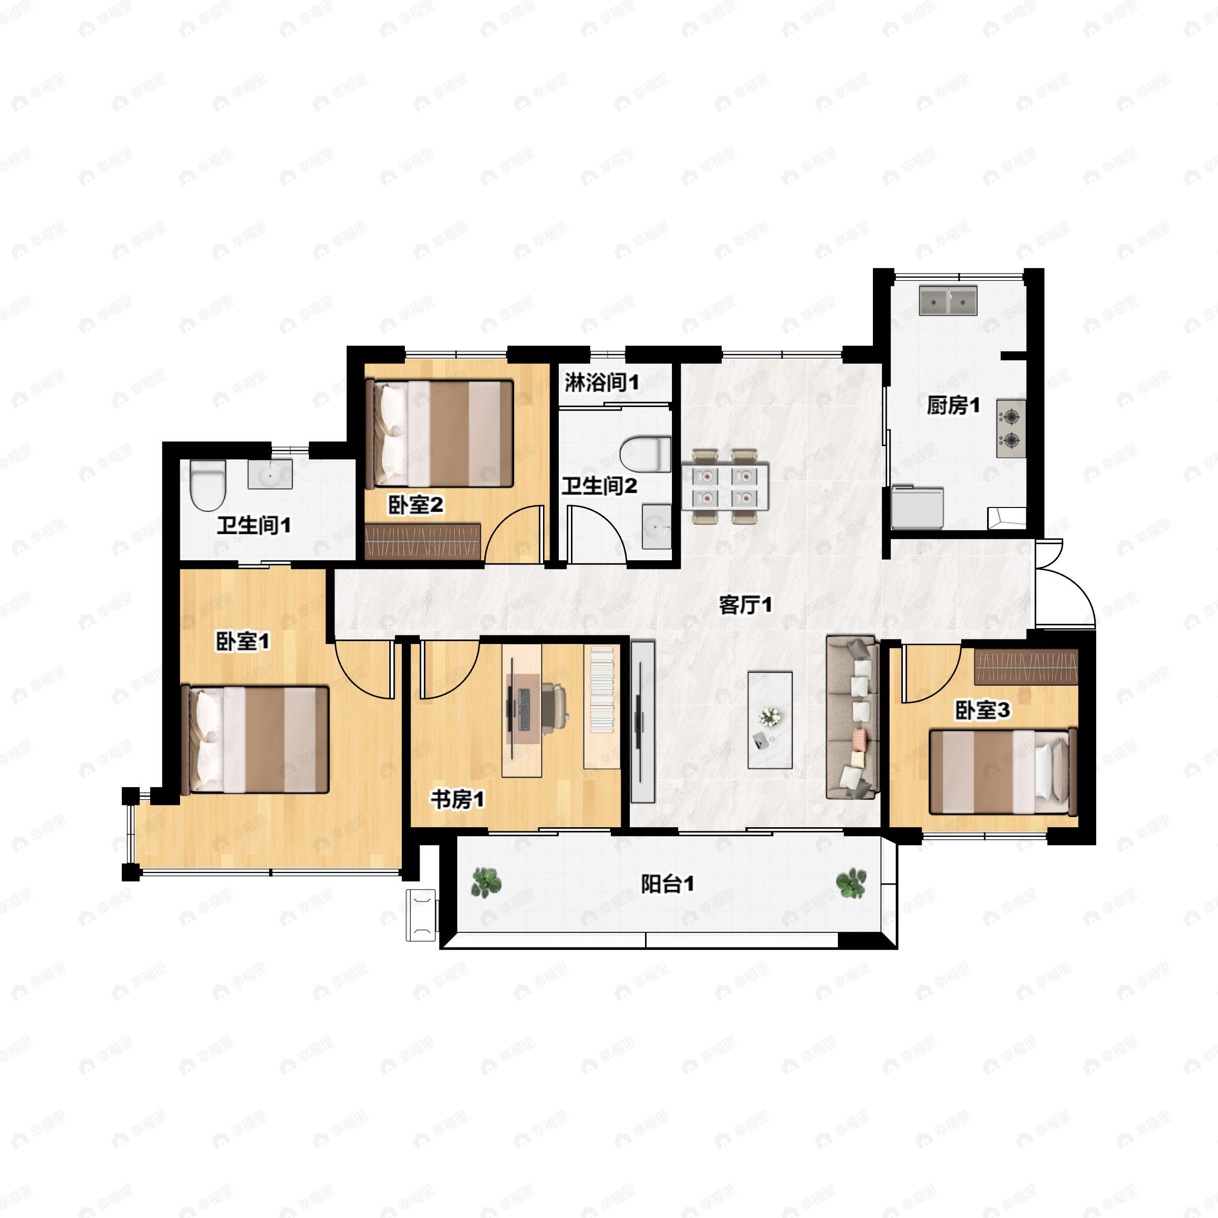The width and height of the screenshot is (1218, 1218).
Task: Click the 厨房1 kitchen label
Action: [x=953, y=405]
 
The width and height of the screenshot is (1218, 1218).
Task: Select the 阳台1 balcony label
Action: [x=668, y=885]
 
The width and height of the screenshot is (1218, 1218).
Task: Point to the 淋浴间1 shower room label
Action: [x=601, y=382]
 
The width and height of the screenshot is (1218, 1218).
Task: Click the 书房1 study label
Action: [x=458, y=800]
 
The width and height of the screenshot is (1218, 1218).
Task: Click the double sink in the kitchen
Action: [x=948, y=300]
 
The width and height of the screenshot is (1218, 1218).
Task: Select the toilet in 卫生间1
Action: [x=208, y=486]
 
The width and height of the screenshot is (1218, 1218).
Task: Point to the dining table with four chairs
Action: [x=725, y=486]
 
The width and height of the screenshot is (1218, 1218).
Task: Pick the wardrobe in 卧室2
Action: [x=423, y=542]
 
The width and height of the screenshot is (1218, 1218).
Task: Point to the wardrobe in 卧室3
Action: [x=1026, y=666]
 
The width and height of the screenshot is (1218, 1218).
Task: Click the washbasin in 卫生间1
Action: [x=270, y=474]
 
